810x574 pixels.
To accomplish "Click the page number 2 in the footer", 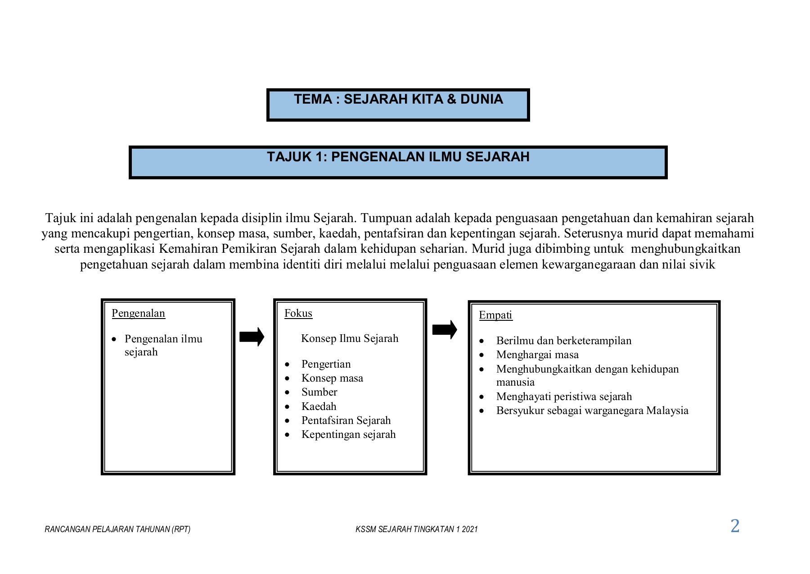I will [735, 526].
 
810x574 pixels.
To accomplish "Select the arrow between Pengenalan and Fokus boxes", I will [252, 337].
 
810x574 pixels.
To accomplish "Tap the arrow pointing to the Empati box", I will [444, 330].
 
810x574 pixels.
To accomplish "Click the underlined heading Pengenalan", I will [138, 313].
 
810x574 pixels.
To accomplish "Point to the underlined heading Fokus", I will [298, 313].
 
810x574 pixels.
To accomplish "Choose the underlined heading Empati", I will [495, 315].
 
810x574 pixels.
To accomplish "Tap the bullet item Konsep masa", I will [332, 378].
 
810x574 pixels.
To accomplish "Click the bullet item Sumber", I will [319, 392].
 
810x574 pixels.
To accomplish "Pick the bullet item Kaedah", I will [319, 406].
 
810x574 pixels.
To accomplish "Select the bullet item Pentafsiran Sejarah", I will [346, 420].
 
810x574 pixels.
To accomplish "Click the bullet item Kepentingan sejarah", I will [348, 434].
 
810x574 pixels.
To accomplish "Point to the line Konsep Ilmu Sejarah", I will [350, 338].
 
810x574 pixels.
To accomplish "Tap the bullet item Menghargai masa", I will [537, 355].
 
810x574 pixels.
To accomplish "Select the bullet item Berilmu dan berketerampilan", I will [563, 341].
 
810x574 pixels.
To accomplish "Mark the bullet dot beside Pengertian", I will [287, 364].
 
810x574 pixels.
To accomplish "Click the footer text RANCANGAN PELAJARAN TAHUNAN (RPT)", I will [117, 529].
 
